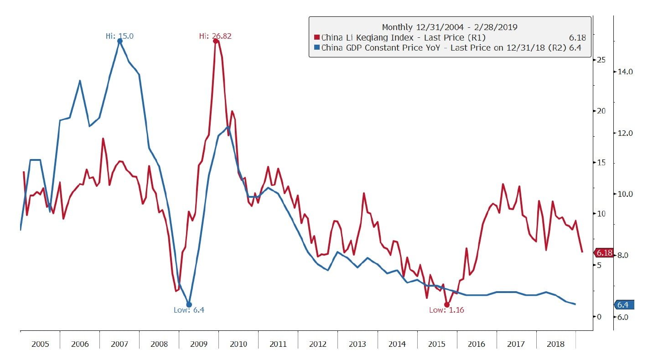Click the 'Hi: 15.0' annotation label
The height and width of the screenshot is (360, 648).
pos(119,36)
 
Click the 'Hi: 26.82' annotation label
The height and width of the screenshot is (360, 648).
pos(215,36)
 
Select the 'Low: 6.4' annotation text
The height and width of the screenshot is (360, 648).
pos(189,310)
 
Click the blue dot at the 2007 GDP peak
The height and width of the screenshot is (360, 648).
pos(120,41)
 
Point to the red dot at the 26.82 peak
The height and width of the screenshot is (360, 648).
pos(216,41)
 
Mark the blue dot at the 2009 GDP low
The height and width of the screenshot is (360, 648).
pos(189,304)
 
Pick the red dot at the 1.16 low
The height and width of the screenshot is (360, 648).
pos(447,304)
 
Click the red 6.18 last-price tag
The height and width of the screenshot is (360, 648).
pos(603,252)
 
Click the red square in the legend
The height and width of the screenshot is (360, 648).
pos(316,38)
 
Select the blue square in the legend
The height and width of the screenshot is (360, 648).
pos(316,48)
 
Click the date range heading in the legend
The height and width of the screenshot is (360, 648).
pos(450,27)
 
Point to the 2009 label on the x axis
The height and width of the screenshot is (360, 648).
pos(199,344)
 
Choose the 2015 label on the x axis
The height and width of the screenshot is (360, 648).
pos(437,344)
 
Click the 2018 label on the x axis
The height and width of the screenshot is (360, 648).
pos(555,344)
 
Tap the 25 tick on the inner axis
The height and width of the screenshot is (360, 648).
pos(601,60)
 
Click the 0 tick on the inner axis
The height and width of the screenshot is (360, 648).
pos(599,317)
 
